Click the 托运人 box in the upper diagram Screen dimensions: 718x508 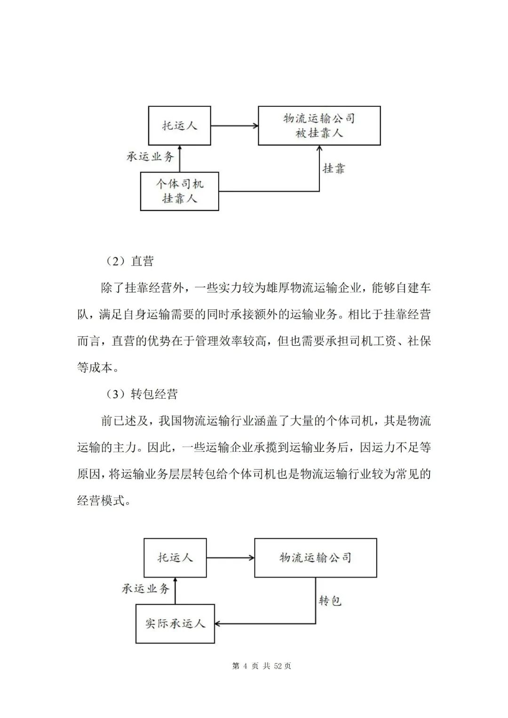click(179, 126)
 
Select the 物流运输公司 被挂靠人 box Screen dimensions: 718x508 click(319, 126)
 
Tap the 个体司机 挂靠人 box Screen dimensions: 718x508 click(179, 191)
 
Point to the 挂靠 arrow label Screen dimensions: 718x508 click(334, 168)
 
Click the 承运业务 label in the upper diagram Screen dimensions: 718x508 click(151, 157)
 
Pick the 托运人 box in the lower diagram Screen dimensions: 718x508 click(175, 558)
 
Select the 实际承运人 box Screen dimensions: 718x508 click(175, 623)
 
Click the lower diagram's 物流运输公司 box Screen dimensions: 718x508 click(315, 558)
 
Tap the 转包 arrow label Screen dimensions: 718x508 click(330, 600)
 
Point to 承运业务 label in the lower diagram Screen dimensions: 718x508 click(146, 588)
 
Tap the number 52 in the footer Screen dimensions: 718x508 click(278, 666)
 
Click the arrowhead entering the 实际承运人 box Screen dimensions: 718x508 click(219, 624)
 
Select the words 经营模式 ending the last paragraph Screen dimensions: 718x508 click(101, 500)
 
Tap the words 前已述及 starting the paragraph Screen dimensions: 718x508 click(124, 421)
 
